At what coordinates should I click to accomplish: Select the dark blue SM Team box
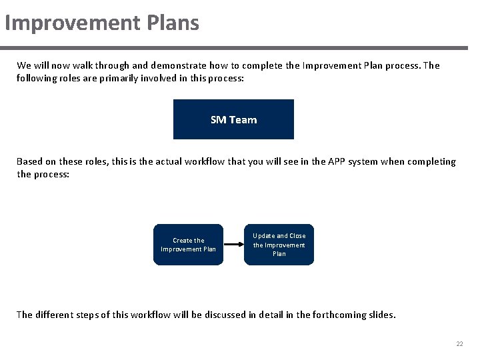pyautogui.click(x=233, y=119)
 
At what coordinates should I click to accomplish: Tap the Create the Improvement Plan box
pyautogui.click(x=189, y=245)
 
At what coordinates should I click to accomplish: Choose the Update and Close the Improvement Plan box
pyautogui.click(x=279, y=245)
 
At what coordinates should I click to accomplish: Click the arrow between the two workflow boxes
pyautogui.click(x=233, y=245)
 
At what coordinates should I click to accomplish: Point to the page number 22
pyautogui.click(x=459, y=344)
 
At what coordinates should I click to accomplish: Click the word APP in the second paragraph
pyautogui.click(x=339, y=161)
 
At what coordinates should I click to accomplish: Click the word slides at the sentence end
pyautogui.click(x=381, y=315)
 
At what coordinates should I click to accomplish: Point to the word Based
pyautogui.click(x=29, y=161)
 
